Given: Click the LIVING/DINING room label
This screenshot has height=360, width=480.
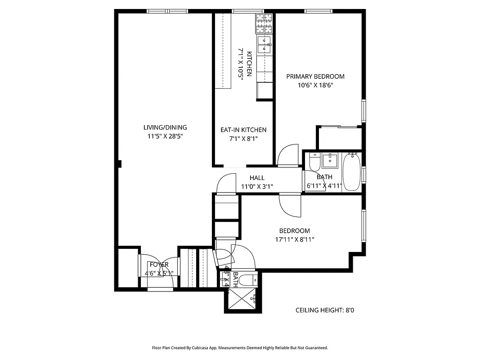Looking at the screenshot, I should click(x=165, y=127).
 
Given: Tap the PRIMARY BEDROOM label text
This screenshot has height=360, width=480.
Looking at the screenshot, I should click(x=315, y=76).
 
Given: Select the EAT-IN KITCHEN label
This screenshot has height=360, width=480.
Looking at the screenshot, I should click(x=243, y=130).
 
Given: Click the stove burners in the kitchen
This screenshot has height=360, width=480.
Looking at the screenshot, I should click(x=265, y=23).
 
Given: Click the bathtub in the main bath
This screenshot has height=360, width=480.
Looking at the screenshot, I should click(x=351, y=172).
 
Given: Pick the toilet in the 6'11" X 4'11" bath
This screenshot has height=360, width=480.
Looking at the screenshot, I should click(x=314, y=161).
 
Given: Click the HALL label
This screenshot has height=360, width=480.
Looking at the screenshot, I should click(x=257, y=178).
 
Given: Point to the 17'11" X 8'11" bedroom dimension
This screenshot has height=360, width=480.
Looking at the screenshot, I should click(x=295, y=239).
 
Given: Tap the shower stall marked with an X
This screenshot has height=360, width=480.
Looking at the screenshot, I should click(x=242, y=298).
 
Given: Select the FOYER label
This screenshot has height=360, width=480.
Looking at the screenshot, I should click(x=159, y=265).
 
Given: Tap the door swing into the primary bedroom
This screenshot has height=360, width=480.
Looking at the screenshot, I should click(x=288, y=156).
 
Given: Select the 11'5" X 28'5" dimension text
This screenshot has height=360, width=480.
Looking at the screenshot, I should click(x=165, y=136).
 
